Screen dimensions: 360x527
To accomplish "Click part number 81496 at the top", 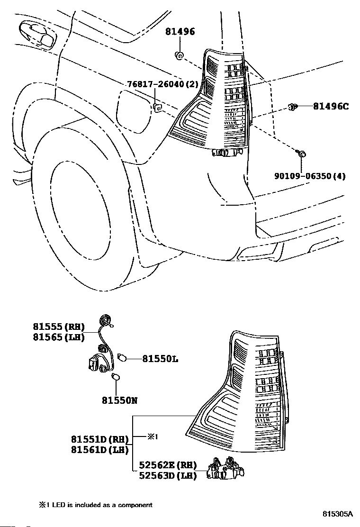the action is tap(180, 32).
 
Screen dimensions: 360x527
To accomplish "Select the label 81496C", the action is tap(331, 107).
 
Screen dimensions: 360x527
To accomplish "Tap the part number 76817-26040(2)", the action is tap(163, 84).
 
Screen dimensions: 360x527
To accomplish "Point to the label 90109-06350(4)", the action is tap(310, 176).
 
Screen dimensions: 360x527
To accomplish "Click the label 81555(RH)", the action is tap(59, 327).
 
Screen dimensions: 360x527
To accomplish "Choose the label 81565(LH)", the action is tap(59, 337).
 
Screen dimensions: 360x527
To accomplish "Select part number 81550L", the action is tap(160, 359).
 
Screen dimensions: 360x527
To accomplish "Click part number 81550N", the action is tap(119, 400).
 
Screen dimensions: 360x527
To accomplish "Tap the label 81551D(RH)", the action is tap(100, 439).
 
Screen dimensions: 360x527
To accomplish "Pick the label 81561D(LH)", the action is tap(100, 450).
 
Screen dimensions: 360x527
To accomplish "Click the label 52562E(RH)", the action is tap(168, 465).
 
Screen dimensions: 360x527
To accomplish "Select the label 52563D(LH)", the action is tap(168, 476).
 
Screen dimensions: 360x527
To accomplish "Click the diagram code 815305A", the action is tap(338, 514).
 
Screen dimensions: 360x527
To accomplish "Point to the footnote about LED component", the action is tap(96, 505).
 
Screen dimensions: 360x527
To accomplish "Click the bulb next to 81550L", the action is tap(122, 357).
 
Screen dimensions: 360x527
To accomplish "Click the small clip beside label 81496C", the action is tap(293, 107).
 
